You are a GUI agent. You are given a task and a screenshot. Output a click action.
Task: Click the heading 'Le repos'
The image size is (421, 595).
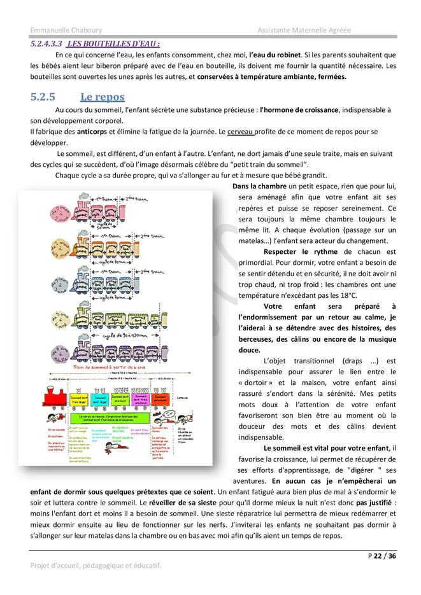pos(102,97)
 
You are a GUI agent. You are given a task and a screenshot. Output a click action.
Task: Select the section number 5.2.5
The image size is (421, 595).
pos(43,97)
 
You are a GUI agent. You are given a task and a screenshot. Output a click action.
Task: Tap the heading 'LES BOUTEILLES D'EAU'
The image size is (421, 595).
pos(113,44)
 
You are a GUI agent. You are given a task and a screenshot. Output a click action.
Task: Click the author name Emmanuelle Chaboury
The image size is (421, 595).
pos(66,30)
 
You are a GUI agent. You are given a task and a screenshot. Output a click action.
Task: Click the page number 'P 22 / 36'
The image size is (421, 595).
pos(382,556)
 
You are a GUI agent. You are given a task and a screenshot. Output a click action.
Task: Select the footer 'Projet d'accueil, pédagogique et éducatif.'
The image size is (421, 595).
pos(96,565)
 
